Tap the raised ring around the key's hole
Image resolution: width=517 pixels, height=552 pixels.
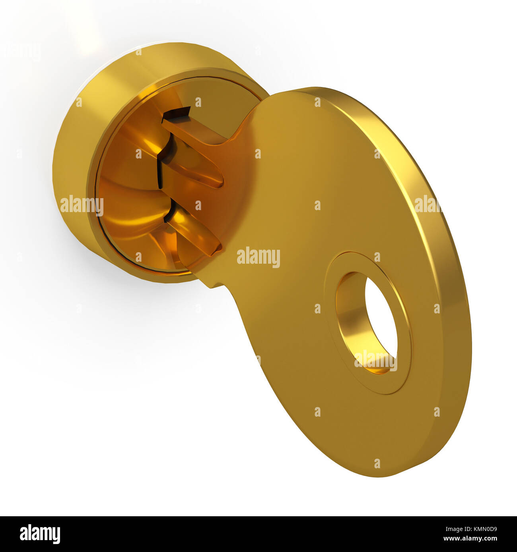pos(402,369)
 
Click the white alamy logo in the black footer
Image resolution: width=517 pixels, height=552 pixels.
pos(40,534)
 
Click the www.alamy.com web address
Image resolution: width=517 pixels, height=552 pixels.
pos(469,539)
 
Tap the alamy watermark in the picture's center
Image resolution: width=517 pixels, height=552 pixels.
pos(258,257)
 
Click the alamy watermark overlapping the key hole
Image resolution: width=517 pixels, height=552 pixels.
pos(375,360)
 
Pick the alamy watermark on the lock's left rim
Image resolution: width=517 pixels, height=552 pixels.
pos(82,205)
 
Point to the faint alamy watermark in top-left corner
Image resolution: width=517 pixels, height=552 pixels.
pos(22,52)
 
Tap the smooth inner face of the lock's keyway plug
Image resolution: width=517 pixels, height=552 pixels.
pos(127,199)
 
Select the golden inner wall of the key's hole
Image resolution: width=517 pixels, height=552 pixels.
pos(350,318)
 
